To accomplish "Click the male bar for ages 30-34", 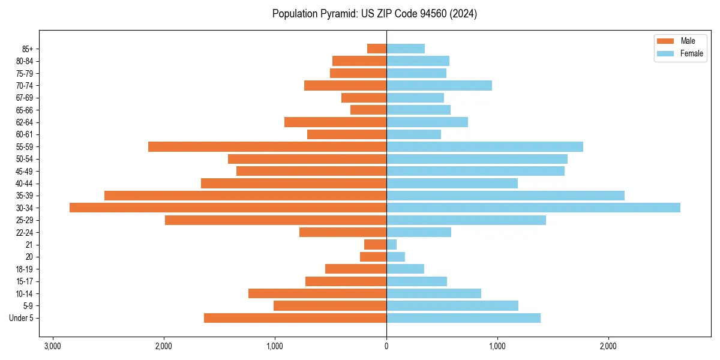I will coord(228,208).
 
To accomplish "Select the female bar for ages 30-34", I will coord(533,208).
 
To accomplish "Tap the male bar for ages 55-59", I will coord(267,146).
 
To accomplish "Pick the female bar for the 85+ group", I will coord(406,49).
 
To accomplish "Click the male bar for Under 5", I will coord(295,318).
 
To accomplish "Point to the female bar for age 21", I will coord(391,244).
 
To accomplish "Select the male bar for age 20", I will coord(373,257).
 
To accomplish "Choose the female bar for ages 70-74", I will coord(439,85).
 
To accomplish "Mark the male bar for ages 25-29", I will coord(275,220).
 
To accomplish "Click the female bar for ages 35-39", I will coord(505,196).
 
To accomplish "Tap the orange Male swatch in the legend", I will coord(666,41).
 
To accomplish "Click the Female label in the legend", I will coord(692,53).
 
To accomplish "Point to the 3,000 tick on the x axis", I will coord(53,346).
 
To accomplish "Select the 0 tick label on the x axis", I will coord(386,346).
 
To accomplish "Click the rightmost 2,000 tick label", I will coord(608,346).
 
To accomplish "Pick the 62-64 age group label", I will coord(25,122).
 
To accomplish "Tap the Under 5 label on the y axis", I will coord(22,318).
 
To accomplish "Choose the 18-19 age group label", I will coord(25,269).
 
